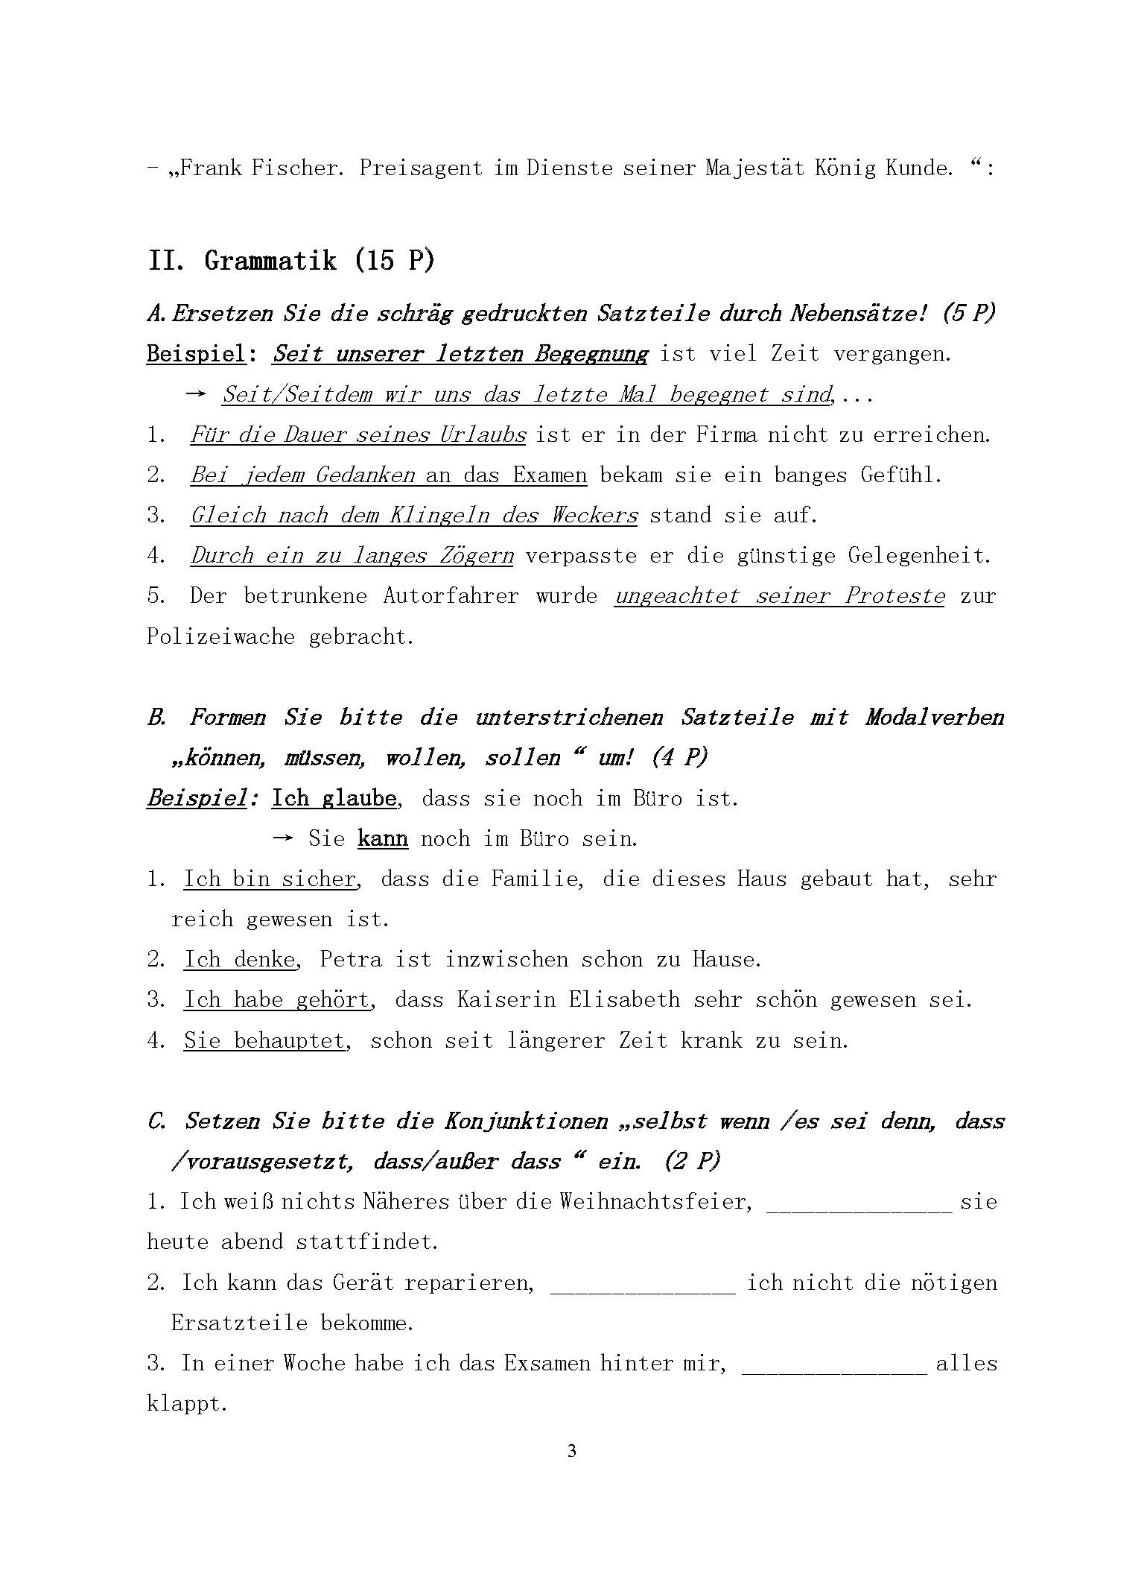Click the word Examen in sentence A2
pos(550,475)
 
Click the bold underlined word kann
pos(383,838)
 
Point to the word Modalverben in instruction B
pos(935,718)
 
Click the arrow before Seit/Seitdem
pos(195,394)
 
